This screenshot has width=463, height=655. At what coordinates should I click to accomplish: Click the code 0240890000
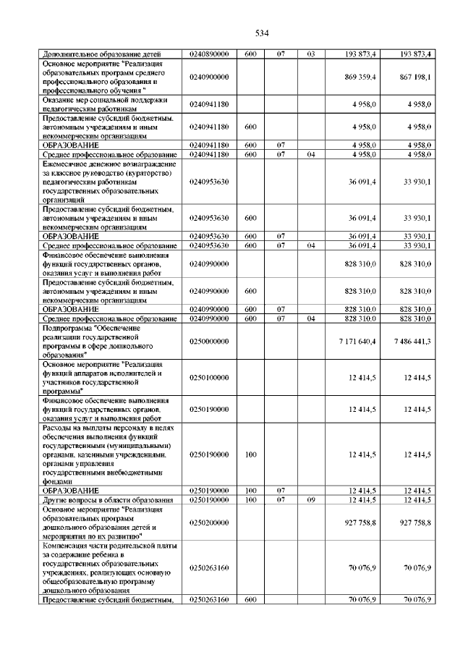pyautogui.click(x=209, y=54)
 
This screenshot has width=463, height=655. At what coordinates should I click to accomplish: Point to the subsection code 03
pyautogui.click(x=311, y=54)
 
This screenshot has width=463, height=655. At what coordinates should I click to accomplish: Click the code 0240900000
pyautogui.click(x=209, y=77)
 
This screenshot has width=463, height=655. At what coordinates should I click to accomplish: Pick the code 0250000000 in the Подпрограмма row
pyautogui.click(x=209, y=341)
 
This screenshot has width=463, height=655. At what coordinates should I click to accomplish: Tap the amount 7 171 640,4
pyautogui.click(x=356, y=341)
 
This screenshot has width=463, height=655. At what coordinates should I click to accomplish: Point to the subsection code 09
pyautogui.click(x=311, y=500)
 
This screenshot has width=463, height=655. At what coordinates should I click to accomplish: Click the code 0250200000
pyautogui.click(x=209, y=522)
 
